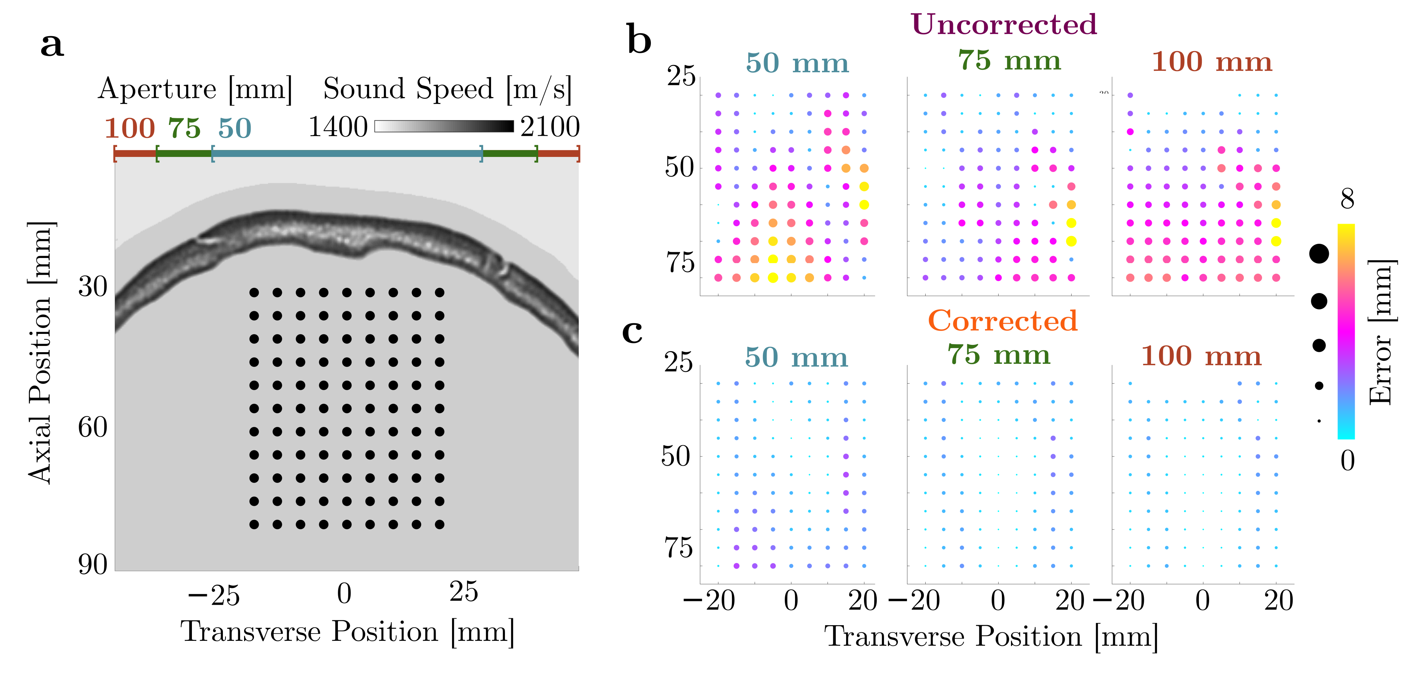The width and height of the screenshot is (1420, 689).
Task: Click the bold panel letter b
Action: [x=639, y=41]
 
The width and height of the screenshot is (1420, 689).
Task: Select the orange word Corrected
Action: [x=1002, y=321]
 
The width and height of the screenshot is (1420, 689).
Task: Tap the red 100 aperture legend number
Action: [x=130, y=128]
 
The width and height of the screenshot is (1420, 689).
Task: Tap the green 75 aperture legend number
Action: [x=184, y=128]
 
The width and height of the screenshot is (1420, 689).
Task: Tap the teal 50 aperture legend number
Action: [x=235, y=128]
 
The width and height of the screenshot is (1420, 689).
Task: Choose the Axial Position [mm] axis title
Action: [x=41, y=353]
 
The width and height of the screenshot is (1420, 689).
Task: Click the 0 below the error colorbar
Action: [x=1347, y=460]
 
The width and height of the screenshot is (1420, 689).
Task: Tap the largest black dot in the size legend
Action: [x=1319, y=254]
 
